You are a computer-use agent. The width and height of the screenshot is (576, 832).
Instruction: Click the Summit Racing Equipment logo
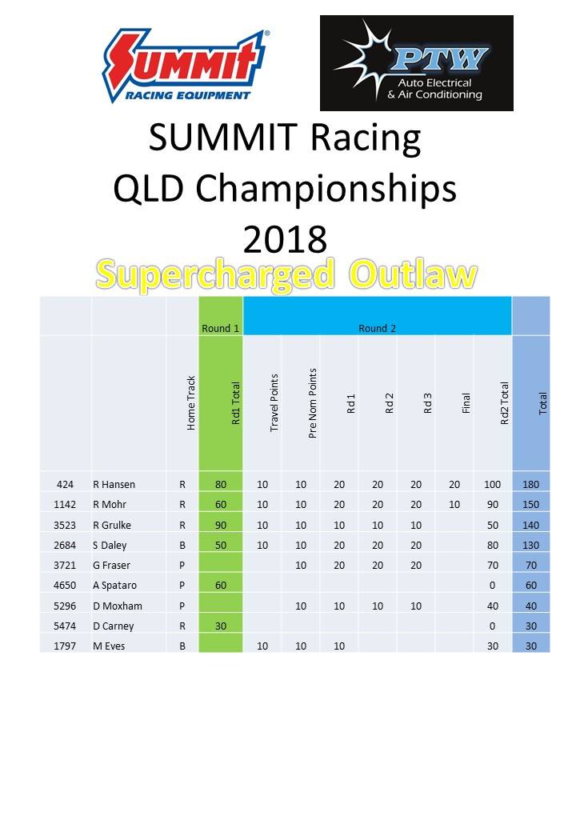[x=185, y=66]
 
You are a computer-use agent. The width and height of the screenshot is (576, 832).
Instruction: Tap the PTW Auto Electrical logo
[x=416, y=63]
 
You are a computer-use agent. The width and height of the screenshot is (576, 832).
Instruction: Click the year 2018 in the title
[x=285, y=239]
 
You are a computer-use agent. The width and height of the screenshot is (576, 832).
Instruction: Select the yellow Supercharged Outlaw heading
[x=286, y=275]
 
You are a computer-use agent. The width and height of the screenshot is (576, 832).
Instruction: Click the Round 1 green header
[x=220, y=329]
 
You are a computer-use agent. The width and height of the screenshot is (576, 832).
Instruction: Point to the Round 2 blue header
[x=377, y=329]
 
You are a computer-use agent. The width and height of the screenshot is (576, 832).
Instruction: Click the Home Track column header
[x=191, y=403]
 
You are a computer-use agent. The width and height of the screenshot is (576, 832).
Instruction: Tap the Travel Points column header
[x=274, y=402]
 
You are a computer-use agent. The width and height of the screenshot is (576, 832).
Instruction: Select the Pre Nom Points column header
[x=312, y=403]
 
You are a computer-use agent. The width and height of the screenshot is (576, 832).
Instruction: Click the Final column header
[x=466, y=403]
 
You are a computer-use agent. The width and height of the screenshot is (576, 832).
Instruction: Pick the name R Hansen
[x=114, y=485]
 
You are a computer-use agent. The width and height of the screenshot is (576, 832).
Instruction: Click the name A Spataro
[x=114, y=586]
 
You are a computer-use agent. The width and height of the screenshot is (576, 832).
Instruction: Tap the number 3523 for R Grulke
[x=65, y=526]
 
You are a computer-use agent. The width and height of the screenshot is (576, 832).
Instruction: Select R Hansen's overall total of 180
[x=531, y=485]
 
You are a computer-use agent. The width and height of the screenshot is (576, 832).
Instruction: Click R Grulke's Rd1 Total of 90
[x=221, y=526]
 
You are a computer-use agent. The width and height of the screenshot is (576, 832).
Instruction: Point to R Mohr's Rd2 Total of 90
[x=493, y=505]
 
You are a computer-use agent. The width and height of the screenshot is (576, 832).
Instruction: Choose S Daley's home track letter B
[x=182, y=546]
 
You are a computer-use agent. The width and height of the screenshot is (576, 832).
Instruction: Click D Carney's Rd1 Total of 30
[x=221, y=626]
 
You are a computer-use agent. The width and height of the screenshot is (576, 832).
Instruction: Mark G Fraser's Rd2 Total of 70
[x=493, y=566]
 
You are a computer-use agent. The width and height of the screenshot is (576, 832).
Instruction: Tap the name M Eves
[x=109, y=646]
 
